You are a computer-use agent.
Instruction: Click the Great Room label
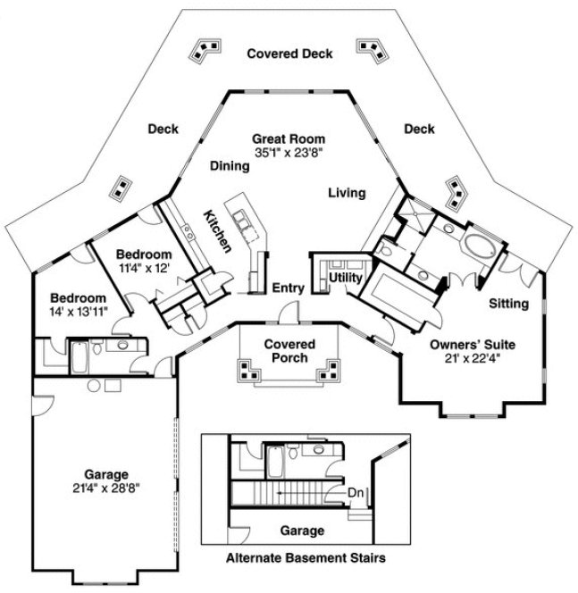coord(288,138)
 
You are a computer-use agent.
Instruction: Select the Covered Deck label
coord(289,54)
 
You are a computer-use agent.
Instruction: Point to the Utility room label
coord(345,279)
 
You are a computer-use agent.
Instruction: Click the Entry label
coord(289,288)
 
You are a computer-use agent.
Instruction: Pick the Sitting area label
coord(509,304)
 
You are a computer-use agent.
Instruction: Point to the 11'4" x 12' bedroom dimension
coord(143,267)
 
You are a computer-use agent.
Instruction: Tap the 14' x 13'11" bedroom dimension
coord(79,312)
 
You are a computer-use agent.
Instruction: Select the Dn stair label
coord(355,492)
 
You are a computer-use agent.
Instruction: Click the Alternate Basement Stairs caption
coord(306,560)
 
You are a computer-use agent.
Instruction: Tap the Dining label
coord(230,165)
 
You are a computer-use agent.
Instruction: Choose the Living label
coord(347,192)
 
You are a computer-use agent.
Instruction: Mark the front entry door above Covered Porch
coord(288,314)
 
